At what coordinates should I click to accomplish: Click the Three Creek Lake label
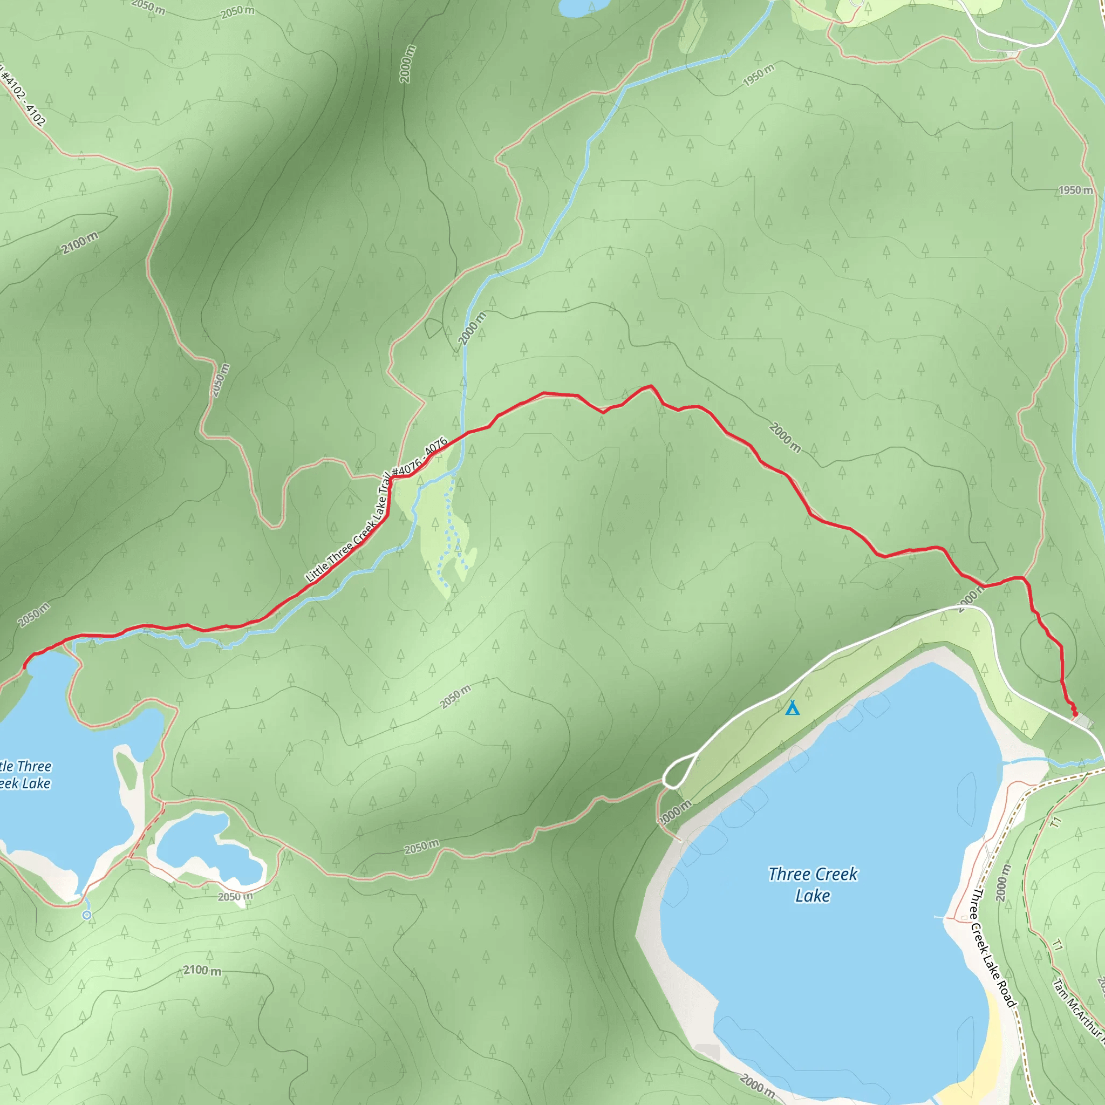[813, 884]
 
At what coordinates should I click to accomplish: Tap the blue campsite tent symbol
[792, 708]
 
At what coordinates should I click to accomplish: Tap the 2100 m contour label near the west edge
[80, 243]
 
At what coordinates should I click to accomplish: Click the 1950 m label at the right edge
[1075, 190]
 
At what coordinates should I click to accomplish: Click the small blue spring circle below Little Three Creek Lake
[87, 915]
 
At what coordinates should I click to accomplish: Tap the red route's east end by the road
[1075, 714]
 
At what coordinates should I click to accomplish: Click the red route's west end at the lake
[25, 667]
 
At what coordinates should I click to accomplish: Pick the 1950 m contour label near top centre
[759, 76]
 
